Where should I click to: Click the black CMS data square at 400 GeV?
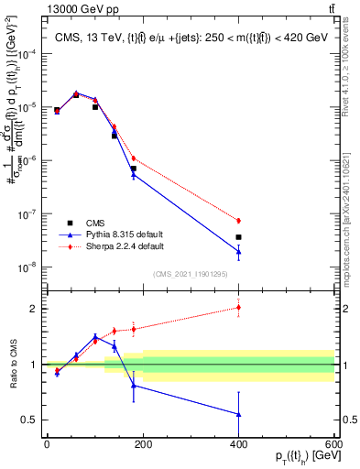coord(238,237)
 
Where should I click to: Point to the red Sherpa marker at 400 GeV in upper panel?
coord(238,221)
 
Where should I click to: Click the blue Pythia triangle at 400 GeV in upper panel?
coord(238,251)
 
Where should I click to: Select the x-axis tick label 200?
coord(143,445)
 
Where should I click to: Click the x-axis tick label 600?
coord(335,445)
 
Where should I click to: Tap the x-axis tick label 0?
coord(47,445)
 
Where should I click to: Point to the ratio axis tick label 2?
coord(32,309)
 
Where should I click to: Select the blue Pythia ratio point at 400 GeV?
coord(238,414)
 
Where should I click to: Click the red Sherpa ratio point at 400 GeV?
coord(238,307)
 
